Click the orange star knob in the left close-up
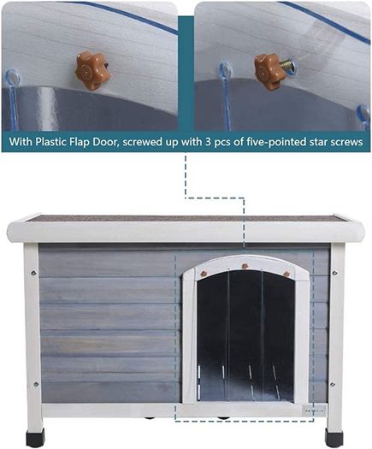click(x=92, y=70)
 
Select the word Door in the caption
click(x=106, y=141)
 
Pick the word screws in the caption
click(x=346, y=142)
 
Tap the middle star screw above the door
click(x=245, y=267)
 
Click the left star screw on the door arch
click(x=204, y=273)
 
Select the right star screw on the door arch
click(x=286, y=274)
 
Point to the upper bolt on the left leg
click(x=33, y=273)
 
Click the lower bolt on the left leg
click(x=36, y=384)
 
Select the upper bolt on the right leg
click(x=334, y=273)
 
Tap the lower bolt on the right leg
click(x=332, y=384)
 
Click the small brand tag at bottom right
click(x=314, y=411)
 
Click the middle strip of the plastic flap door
click(x=245, y=335)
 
